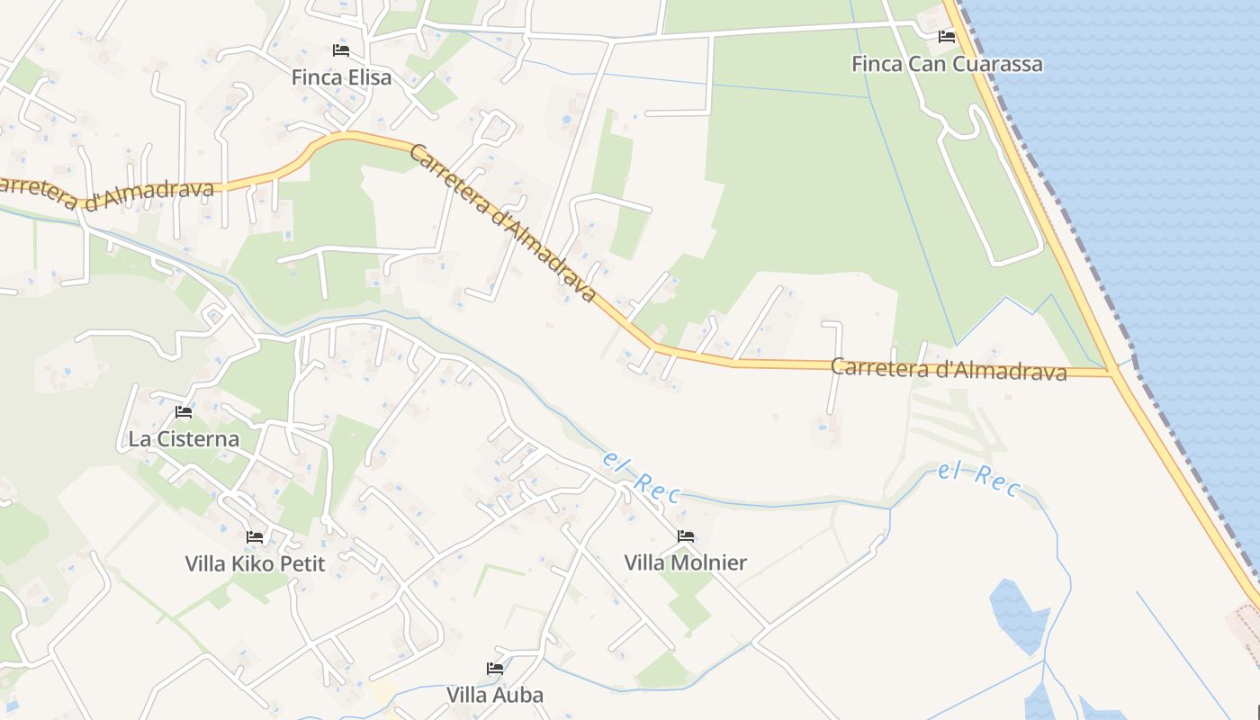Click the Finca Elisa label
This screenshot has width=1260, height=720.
pyautogui.click(x=341, y=77)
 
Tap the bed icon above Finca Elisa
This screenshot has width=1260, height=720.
pyautogui.click(x=341, y=50)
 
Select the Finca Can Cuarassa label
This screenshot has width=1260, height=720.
pyautogui.click(x=947, y=64)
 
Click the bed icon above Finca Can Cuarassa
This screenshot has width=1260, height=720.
pyautogui.click(x=947, y=37)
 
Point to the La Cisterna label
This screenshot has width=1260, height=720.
pyautogui.click(x=184, y=439)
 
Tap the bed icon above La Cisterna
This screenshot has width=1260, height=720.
pyautogui.click(x=184, y=412)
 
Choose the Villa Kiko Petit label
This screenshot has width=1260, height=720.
pyautogui.click(x=255, y=564)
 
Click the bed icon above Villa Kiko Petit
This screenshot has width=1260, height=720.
pyautogui.click(x=255, y=537)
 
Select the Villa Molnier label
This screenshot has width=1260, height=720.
pyautogui.click(x=686, y=563)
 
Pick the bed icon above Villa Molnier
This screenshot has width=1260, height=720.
pyautogui.click(x=686, y=536)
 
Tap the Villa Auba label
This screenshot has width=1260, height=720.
pyautogui.click(x=495, y=696)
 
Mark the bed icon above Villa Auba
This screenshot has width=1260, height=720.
pyautogui.click(x=495, y=669)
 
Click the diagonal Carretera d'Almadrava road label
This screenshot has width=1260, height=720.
pyautogui.click(x=502, y=221)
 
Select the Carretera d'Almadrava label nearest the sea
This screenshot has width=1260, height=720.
pyautogui.click(x=948, y=369)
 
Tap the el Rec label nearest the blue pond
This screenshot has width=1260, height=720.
pyautogui.click(x=979, y=479)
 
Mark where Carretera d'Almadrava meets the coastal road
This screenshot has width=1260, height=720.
pyautogui.click(x=1113, y=372)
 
